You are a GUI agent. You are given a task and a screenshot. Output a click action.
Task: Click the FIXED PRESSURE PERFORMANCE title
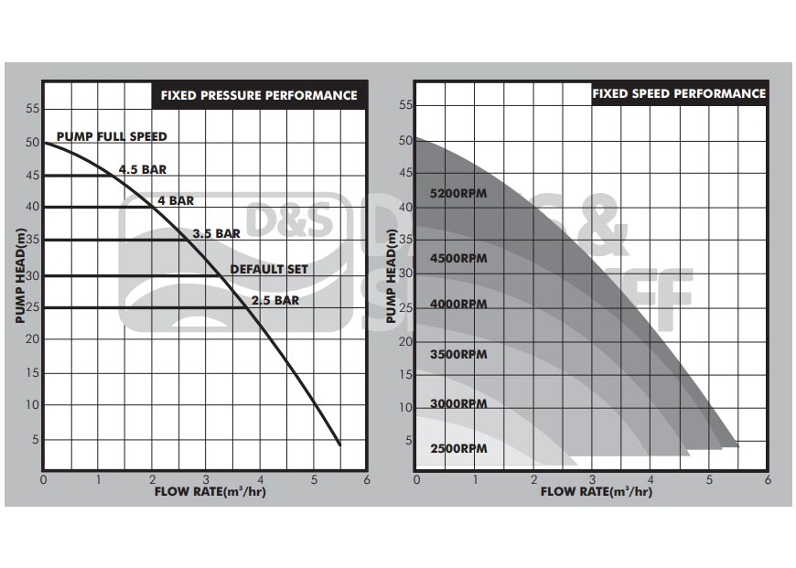pos(259,95)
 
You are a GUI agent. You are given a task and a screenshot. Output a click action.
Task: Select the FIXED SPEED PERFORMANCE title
pos(679,93)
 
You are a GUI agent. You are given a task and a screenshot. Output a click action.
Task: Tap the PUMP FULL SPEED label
pos(112,136)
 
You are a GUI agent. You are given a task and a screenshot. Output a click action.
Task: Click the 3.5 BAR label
pos(216,233)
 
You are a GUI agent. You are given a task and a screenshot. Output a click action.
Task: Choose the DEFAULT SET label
pos(269,269)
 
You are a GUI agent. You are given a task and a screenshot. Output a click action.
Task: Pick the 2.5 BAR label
pos(275,299)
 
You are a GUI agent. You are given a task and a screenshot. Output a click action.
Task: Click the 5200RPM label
pos(458,194)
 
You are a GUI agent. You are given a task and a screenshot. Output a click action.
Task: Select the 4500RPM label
pos(458,258)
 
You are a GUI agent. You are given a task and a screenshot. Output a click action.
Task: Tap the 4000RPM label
pos(458,304)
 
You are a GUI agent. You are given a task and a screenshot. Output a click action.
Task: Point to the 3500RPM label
pos(458,354)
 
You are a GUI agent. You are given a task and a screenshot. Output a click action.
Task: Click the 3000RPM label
pos(458,403)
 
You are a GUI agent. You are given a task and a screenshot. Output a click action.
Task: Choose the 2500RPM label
pos(458,449)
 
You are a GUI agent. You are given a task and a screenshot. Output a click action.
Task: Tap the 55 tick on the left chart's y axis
pos(33,109)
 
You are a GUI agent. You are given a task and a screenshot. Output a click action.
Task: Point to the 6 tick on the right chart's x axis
pos(767,479)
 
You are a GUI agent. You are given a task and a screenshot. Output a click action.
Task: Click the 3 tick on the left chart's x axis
pos(206,478)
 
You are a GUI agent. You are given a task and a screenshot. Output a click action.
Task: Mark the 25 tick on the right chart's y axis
pos(405,307)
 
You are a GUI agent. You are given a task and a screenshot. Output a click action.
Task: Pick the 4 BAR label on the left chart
pos(175,200)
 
